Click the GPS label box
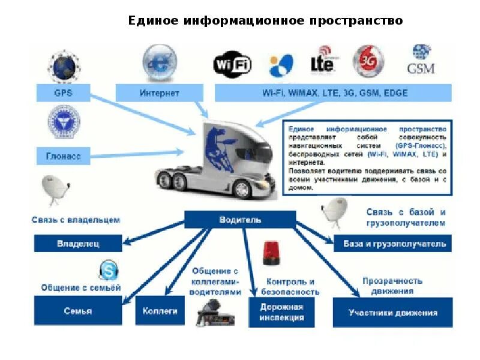(x=63, y=94)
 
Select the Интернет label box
(x=160, y=94)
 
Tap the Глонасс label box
(x=63, y=157)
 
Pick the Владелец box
(x=78, y=244)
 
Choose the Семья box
(x=78, y=311)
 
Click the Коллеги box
(x=160, y=311)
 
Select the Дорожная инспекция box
(x=281, y=312)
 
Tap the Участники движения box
(x=392, y=313)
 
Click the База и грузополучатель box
(x=394, y=244)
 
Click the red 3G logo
(x=368, y=60)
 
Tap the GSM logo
(x=420, y=60)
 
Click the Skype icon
(x=108, y=271)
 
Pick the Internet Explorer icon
(x=159, y=62)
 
